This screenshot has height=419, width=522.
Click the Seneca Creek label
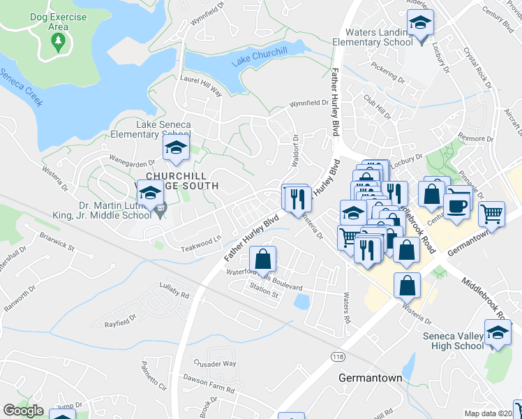[x=22, y=87]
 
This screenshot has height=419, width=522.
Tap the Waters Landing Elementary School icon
[x=420, y=23]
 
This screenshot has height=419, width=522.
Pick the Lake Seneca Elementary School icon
[x=176, y=147]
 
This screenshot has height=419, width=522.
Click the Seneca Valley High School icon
[x=498, y=334]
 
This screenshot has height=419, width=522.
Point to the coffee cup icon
[x=456, y=206]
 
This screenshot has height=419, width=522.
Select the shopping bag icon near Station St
[x=262, y=261]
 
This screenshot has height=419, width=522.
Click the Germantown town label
[x=370, y=378]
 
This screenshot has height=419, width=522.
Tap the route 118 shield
[x=338, y=356]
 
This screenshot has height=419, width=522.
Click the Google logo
[x=23, y=411]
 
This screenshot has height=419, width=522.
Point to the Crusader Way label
[x=216, y=364]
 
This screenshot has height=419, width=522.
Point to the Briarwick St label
[x=57, y=242]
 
